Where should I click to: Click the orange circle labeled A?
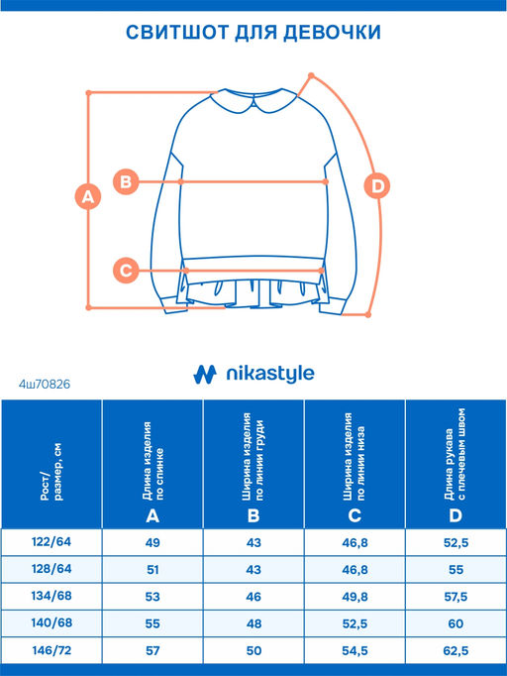(x=88, y=196)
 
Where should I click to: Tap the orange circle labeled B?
(x=126, y=181)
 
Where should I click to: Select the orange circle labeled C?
(x=126, y=271)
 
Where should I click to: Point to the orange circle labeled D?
(x=377, y=186)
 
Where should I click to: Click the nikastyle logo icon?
(x=205, y=375)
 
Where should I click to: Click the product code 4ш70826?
(x=45, y=384)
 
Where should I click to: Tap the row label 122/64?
(x=51, y=541)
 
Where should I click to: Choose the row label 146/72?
(x=51, y=650)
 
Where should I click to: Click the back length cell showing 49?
(x=152, y=542)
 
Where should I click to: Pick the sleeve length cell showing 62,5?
(x=456, y=650)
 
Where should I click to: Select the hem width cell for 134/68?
(x=355, y=597)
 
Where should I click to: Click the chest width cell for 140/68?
(x=253, y=623)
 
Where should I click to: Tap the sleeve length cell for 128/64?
(x=456, y=570)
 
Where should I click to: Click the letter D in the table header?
(x=456, y=515)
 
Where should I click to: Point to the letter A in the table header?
(x=152, y=515)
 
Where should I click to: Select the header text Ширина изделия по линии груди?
(x=253, y=457)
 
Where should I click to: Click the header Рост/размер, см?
(x=51, y=472)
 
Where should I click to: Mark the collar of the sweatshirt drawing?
(x=253, y=100)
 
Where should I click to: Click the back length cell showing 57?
(x=152, y=650)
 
